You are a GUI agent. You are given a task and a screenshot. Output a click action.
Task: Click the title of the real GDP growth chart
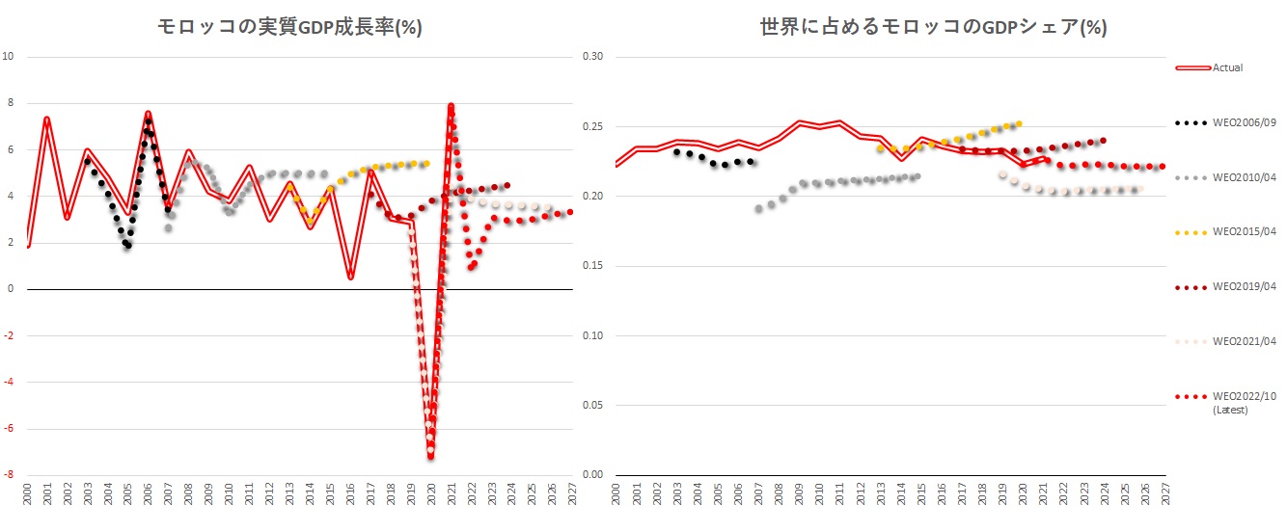click(x=289, y=27)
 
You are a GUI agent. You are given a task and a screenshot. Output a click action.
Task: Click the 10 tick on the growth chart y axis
click(x=9, y=56)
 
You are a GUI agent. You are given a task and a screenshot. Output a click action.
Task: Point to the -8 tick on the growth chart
click(x=9, y=474)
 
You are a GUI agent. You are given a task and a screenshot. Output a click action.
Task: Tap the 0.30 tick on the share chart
click(x=591, y=56)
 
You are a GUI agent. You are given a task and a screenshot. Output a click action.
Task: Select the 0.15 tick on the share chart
click(x=591, y=266)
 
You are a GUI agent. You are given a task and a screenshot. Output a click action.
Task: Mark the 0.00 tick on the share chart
click(x=591, y=474)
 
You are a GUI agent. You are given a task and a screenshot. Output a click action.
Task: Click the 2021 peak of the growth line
click(x=451, y=106)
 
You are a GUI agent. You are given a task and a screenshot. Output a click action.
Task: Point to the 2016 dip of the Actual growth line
click(x=350, y=278)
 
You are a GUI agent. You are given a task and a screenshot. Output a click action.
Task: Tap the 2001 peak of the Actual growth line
click(x=46, y=119)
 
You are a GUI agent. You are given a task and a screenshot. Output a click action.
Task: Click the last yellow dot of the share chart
click(x=1019, y=123)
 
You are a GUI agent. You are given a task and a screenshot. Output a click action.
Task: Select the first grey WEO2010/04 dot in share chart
click(x=758, y=208)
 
